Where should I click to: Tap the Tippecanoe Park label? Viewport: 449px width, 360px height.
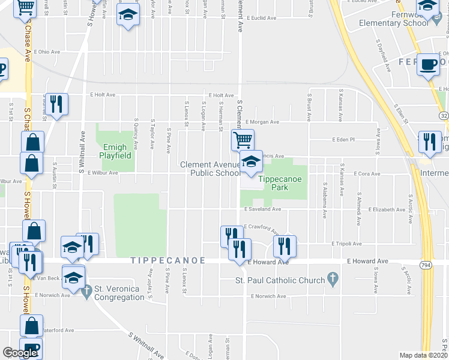tap(274, 183)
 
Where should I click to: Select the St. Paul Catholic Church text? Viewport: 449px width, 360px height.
tap(279, 280)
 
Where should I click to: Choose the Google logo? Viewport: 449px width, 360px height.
tap(20, 353)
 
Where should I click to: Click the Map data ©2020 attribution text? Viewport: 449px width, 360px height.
tap(423, 355)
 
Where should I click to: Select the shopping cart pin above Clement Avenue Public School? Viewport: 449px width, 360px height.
tap(243, 141)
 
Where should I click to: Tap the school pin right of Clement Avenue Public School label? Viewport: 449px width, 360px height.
tap(252, 161)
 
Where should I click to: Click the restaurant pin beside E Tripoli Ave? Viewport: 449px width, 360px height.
tap(285, 245)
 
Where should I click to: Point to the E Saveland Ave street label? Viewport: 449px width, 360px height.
tap(262, 209)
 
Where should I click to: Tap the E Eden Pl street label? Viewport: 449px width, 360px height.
tap(345, 139)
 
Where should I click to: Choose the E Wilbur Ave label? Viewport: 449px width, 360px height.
tap(103, 172)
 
